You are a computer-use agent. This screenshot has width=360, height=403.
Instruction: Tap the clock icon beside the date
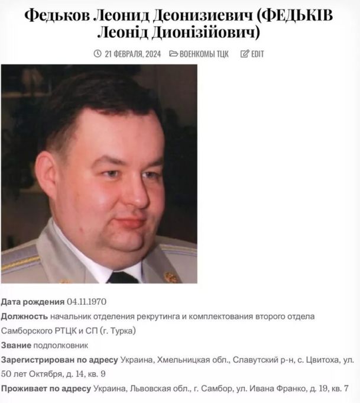coord(98,54)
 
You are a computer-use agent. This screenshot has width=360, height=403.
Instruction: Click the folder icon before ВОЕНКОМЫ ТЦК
coord(174,54)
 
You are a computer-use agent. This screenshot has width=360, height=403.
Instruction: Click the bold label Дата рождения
coord(33,302)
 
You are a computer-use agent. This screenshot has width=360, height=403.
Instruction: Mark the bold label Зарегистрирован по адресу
coord(59,359)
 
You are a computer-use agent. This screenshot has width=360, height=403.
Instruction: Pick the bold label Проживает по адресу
coord(46,388)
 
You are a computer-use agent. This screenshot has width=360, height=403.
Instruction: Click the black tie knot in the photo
coord(122,276)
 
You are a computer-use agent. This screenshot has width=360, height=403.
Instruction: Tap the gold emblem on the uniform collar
coord(171,276)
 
